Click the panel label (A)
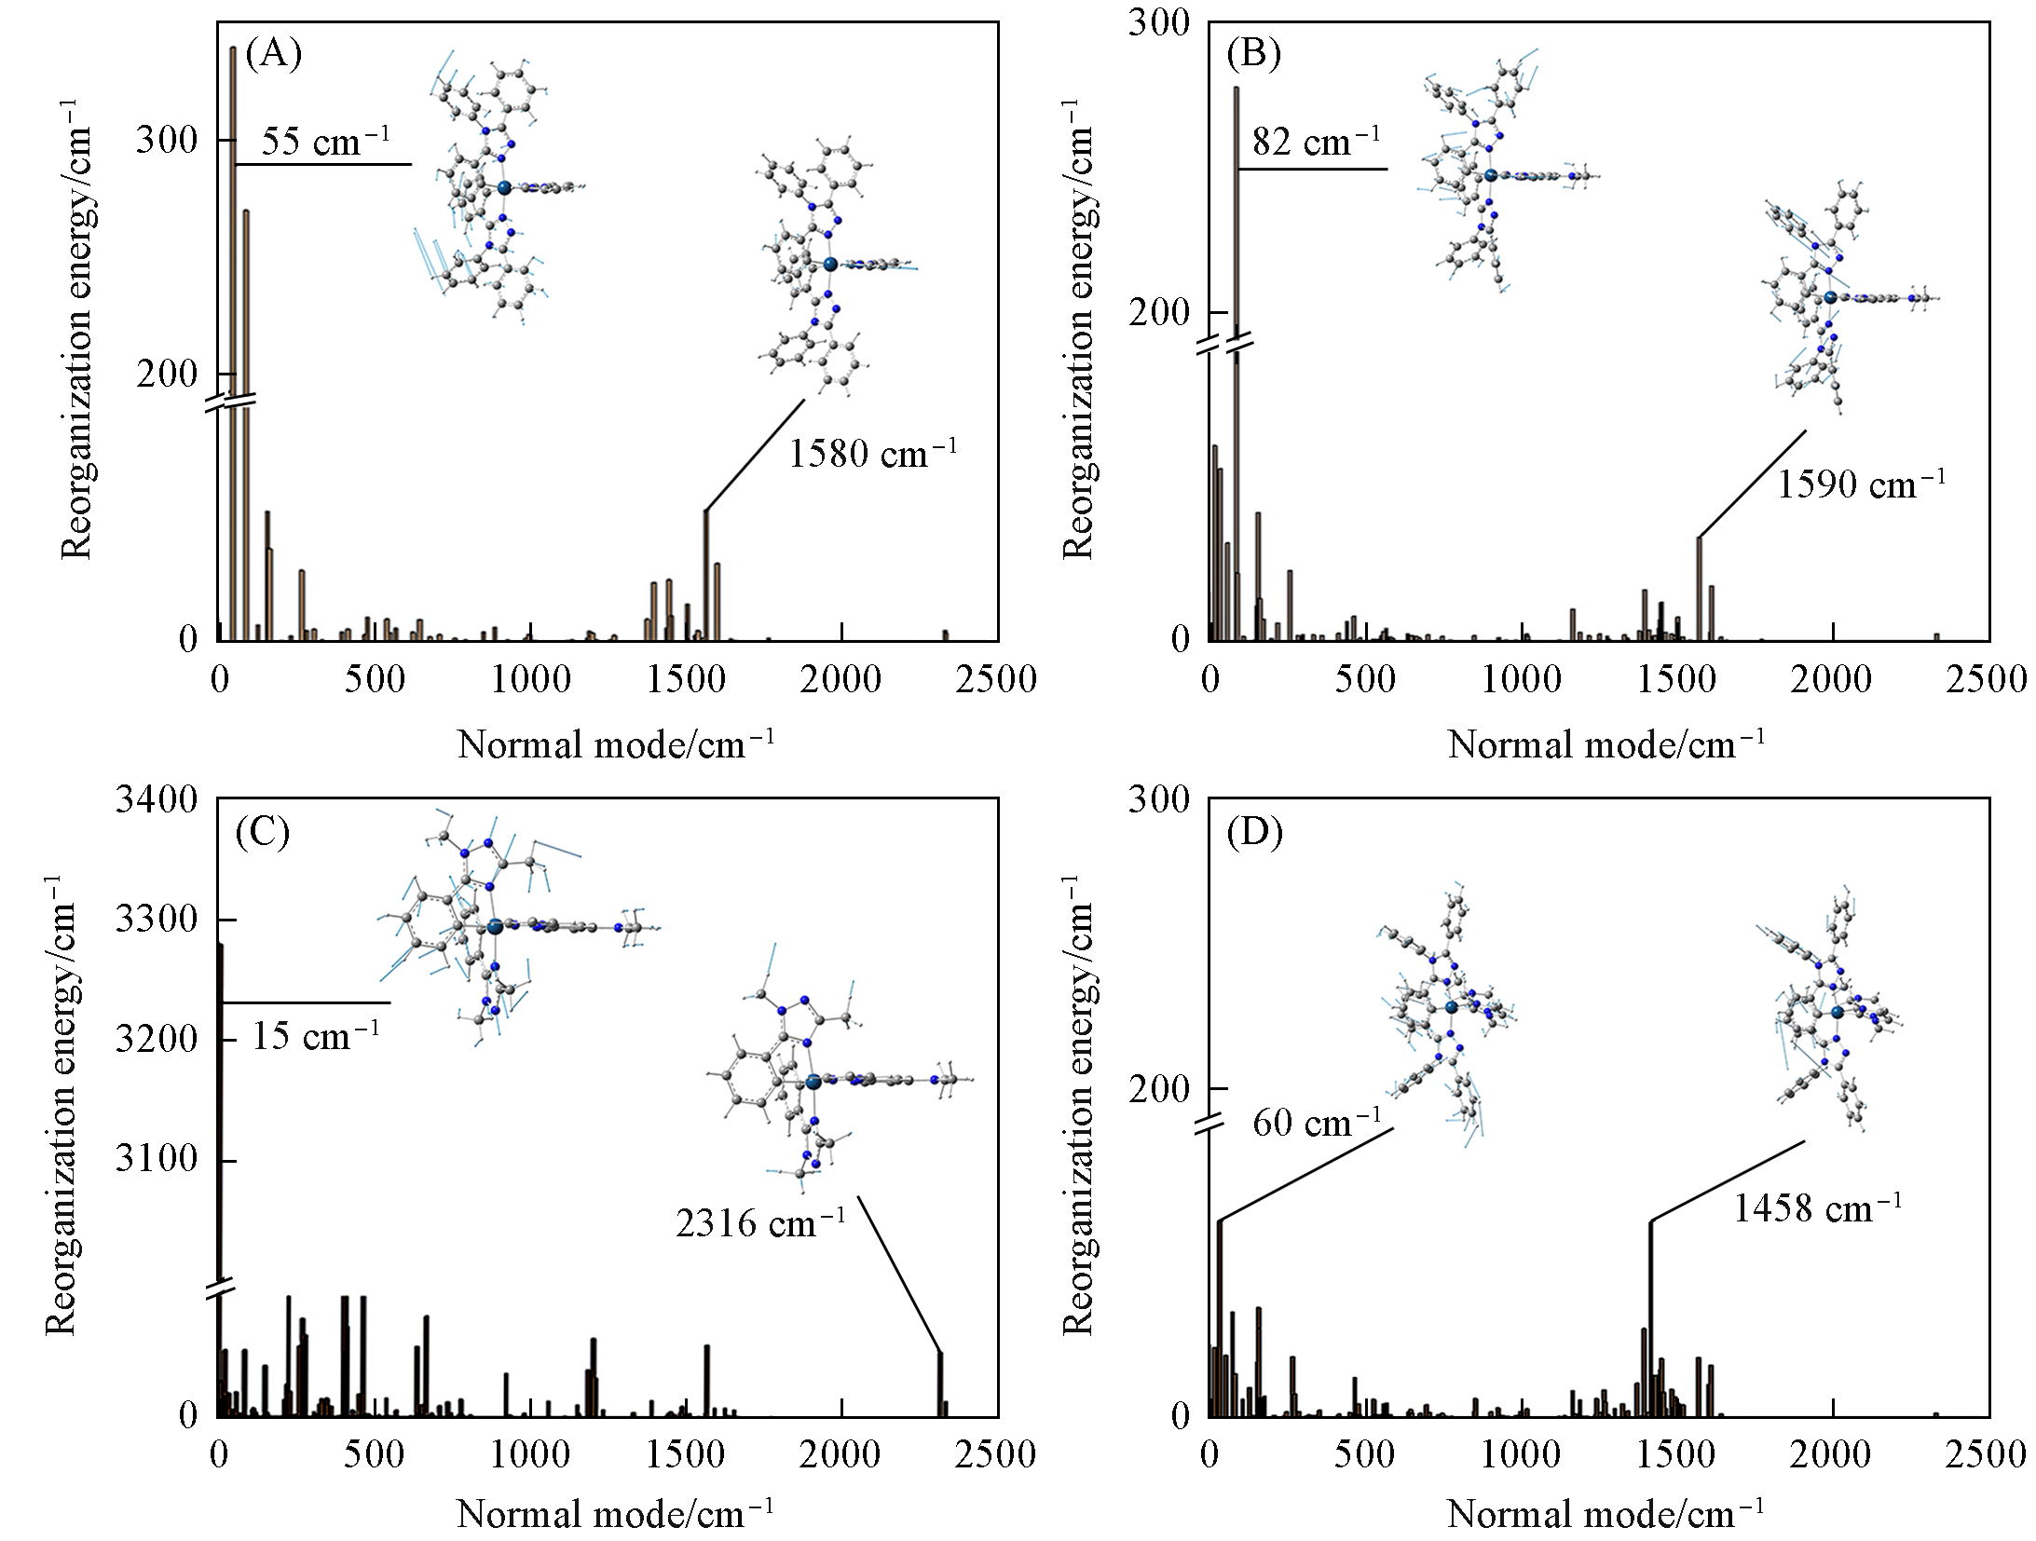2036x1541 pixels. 273,55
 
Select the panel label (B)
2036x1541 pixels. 1253,55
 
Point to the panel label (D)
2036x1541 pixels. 1254,832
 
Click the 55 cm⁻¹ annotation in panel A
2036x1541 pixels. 324,143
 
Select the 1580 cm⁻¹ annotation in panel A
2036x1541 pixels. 873,454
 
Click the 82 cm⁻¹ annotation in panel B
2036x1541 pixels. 1316,143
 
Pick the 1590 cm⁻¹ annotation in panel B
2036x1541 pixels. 1861,484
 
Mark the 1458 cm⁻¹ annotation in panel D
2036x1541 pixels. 1817,1208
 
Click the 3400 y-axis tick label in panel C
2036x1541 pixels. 157,799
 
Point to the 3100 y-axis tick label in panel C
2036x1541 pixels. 157,1160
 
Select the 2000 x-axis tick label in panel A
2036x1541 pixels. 841,679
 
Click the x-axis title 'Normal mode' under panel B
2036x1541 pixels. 1606,745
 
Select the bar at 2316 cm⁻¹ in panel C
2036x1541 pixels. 940,1384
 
